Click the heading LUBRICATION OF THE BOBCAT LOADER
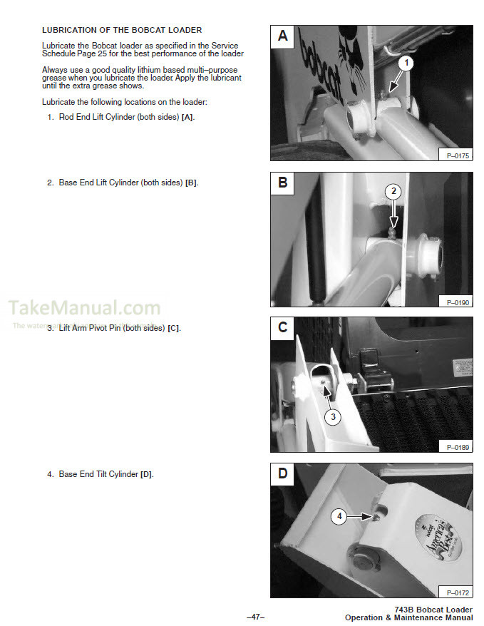(x=122, y=30)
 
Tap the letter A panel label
(x=283, y=36)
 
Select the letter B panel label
(x=283, y=183)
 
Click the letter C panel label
(x=283, y=328)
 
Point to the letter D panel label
(x=283, y=473)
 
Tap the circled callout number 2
(x=393, y=191)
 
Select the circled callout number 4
(x=340, y=518)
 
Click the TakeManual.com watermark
(x=84, y=308)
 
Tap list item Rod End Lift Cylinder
(x=120, y=117)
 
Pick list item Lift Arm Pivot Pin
(x=114, y=328)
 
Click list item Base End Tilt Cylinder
(x=101, y=474)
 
